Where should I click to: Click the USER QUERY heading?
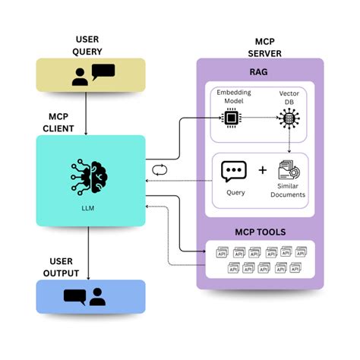[x=90, y=45]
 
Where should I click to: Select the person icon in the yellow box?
[x=80, y=76]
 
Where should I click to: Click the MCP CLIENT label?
[x=55, y=122]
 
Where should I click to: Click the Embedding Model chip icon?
[x=228, y=118]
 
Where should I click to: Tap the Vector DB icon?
[x=289, y=118]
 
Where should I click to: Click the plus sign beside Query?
[x=263, y=170]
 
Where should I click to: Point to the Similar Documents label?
[x=289, y=191]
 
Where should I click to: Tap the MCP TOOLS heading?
[x=260, y=231]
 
